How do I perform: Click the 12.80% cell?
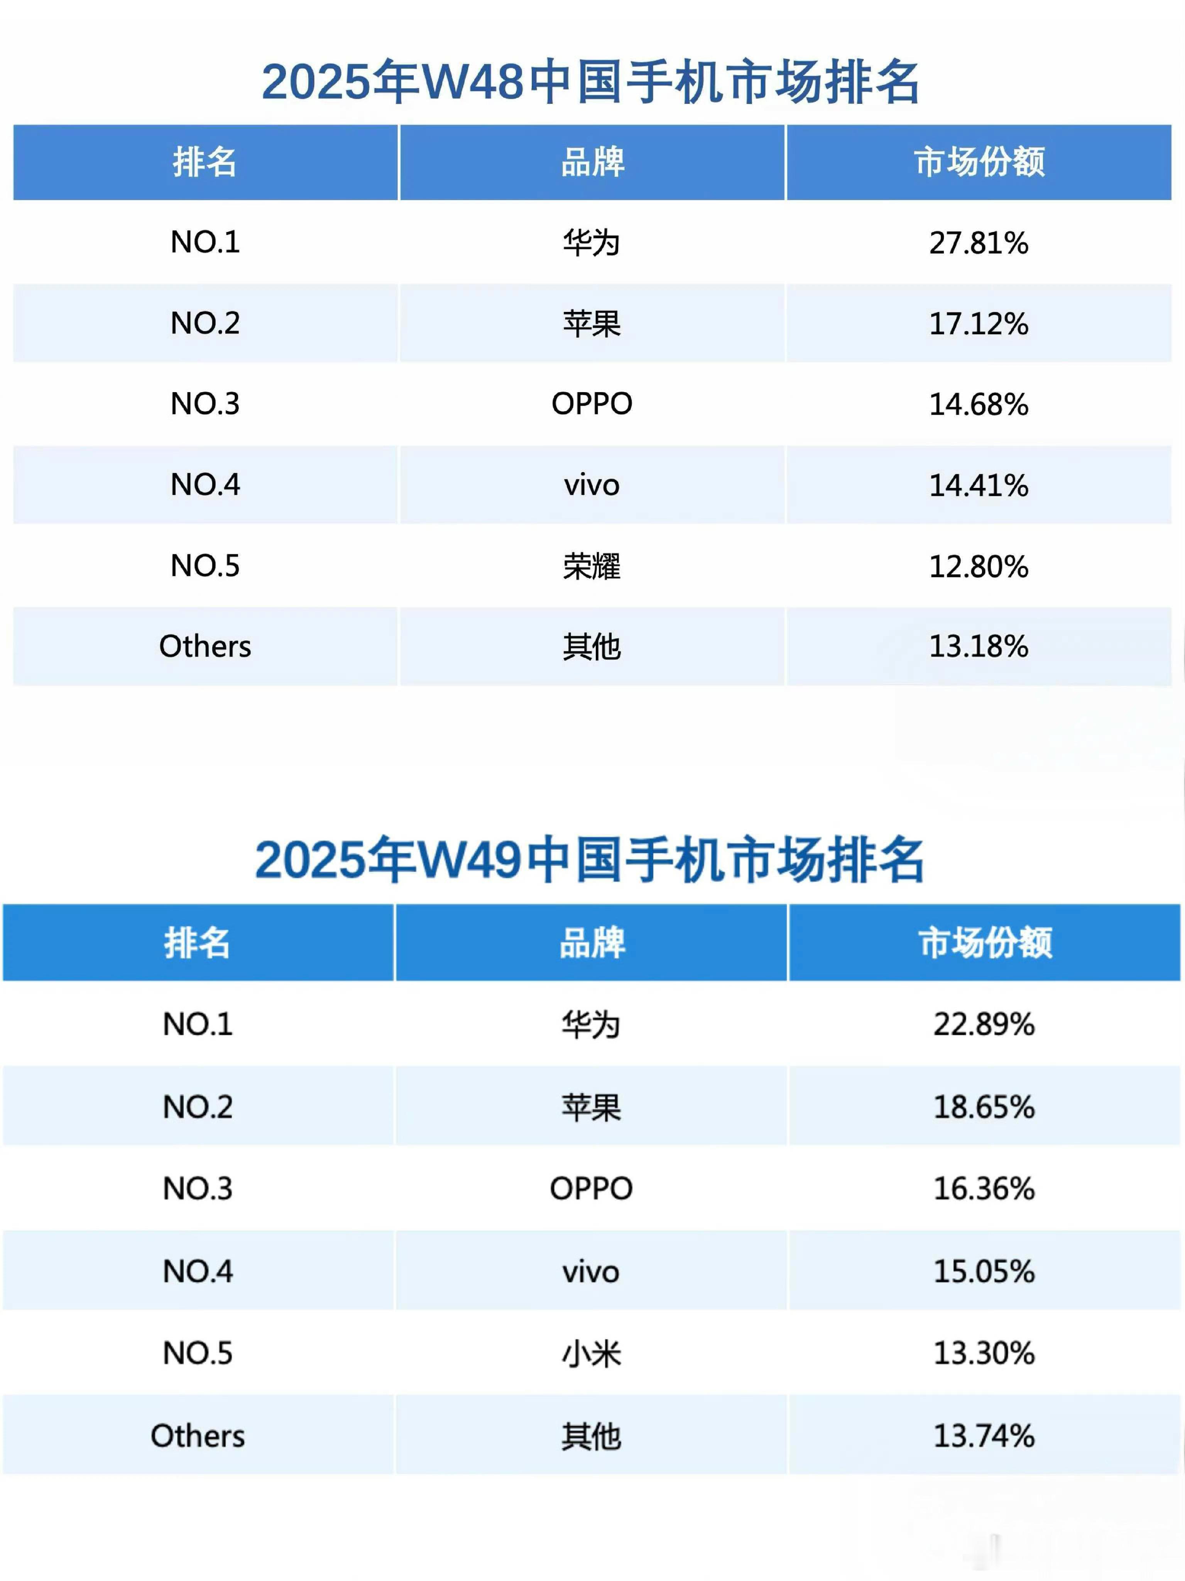coord(979,566)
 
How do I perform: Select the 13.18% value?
coord(979,646)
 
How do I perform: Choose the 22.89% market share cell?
coord(984,1024)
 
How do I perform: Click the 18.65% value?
coord(984,1106)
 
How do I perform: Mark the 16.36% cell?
coord(984,1188)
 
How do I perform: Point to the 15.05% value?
coord(984,1271)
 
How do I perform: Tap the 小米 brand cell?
coord(591,1353)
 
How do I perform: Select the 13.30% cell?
coord(984,1353)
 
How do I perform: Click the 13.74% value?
coord(984,1435)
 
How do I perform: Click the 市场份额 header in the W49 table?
coord(985,942)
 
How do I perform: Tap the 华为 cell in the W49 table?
coord(591,1024)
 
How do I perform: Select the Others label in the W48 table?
coord(205,646)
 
